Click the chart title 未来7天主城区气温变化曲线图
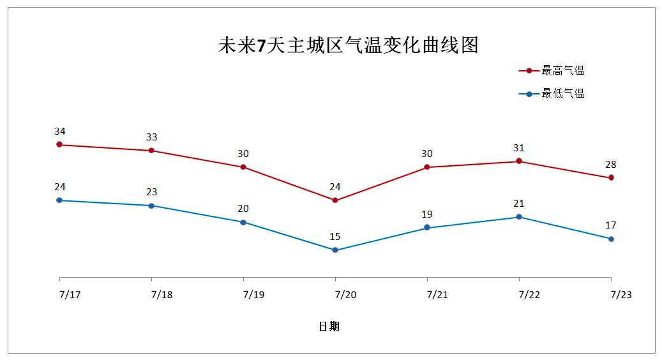coord(348,45)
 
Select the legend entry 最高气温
coord(562,71)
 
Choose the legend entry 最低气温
coord(562,94)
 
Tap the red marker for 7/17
coord(59,145)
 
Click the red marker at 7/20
coord(335,200)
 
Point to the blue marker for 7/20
coord(335,250)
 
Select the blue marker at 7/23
coord(611,239)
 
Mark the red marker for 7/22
coord(519,161)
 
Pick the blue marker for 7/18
coord(151,206)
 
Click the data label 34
coord(59,131)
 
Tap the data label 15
coord(335,237)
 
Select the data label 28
coord(611,165)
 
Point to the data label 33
coord(151,137)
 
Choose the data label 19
coord(427,214)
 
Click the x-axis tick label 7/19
coord(253,295)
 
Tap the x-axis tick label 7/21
coord(437,295)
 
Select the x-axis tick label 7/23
coord(621,295)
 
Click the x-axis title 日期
coord(329,327)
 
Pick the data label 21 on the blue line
coord(519,204)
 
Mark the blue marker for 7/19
coord(243,222)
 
